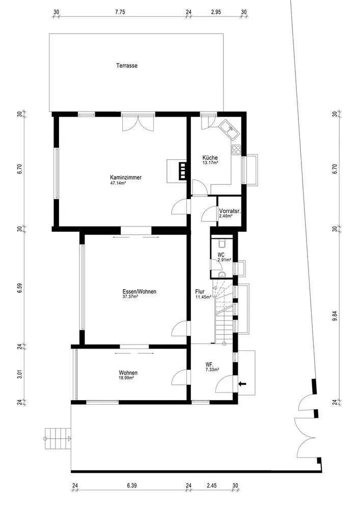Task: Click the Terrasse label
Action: click(127, 66)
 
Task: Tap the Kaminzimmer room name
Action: click(126, 178)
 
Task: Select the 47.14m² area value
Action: click(118, 183)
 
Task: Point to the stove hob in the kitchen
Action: click(236, 149)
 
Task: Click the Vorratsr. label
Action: click(230, 211)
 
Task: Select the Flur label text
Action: click(200, 292)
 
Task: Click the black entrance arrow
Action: click(242, 384)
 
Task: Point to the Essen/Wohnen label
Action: click(139, 292)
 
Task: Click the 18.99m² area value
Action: click(127, 378)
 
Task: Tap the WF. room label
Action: click(209, 364)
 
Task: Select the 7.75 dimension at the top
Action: click(120, 12)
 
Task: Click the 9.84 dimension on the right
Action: click(335, 316)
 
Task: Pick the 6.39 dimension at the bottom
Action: click(131, 486)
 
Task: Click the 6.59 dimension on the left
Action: click(20, 288)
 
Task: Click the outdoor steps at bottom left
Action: click(58, 439)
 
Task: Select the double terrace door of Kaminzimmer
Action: click(138, 123)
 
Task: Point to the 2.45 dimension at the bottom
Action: click(211, 486)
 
